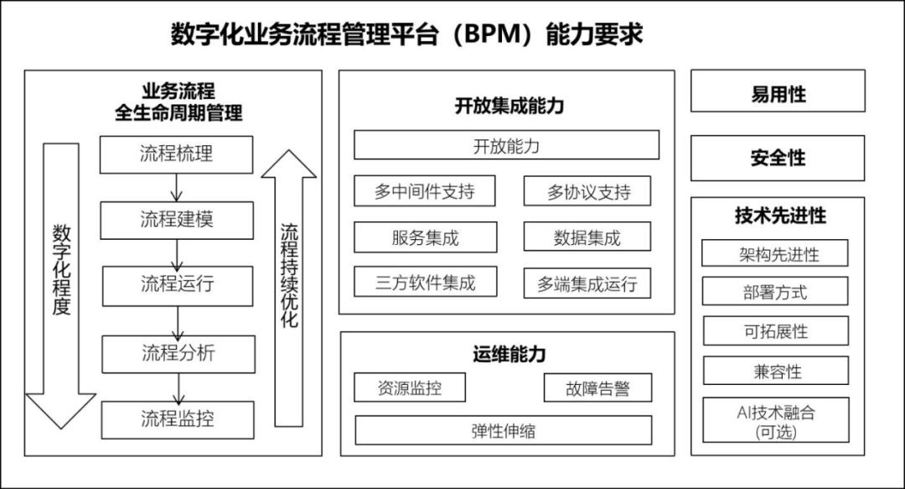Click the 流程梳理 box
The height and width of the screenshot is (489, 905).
click(x=176, y=154)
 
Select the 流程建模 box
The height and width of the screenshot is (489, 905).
click(x=176, y=220)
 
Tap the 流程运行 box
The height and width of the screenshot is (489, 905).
click(x=177, y=285)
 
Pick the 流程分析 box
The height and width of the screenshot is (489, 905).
click(x=178, y=353)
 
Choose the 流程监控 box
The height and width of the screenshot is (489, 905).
click(x=178, y=419)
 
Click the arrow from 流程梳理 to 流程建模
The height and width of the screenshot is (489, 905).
click(x=176, y=187)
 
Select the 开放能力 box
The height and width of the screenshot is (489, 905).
click(x=506, y=145)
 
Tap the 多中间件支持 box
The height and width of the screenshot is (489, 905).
click(x=424, y=191)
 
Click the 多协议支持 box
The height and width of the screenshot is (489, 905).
click(x=588, y=191)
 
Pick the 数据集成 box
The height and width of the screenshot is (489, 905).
click(x=587, y=237)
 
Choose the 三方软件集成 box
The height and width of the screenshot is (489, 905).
click(x=425, y=283)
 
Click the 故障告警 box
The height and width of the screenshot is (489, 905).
click(x=597, y=388)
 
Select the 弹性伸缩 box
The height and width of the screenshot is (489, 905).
click(x=503, y=430)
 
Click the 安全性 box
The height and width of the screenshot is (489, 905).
click(x=778, y=158)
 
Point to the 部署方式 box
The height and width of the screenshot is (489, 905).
click(x=775, y=292)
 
